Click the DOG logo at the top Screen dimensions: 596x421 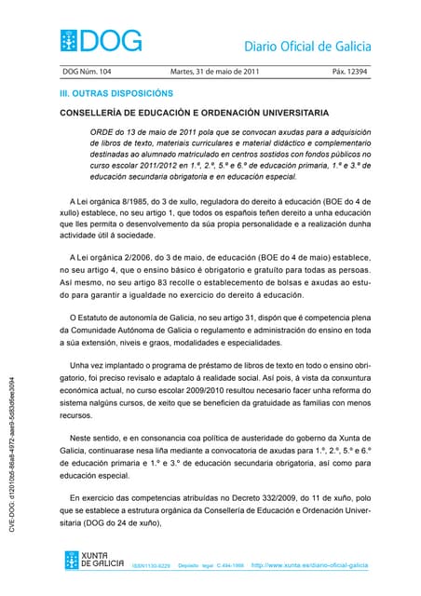102,41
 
